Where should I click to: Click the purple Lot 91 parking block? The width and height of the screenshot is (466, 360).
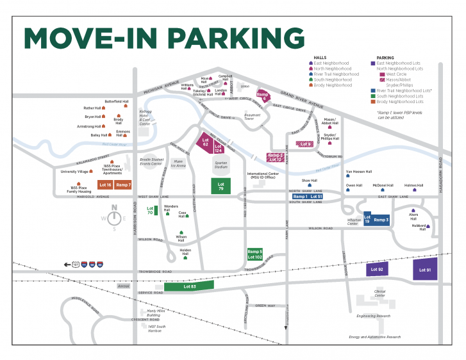[425, 270]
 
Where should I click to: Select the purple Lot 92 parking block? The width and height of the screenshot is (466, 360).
[377, 270]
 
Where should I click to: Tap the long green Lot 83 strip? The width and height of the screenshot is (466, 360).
[189, 286]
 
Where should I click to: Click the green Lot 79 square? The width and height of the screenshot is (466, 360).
[221, 186]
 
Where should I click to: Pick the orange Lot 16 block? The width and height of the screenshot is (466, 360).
[105, 184]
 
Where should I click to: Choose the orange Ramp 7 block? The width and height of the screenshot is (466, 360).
[124, 184]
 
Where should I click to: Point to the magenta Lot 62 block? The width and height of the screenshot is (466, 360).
[205, 142]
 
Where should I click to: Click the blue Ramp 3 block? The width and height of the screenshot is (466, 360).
[381, 220]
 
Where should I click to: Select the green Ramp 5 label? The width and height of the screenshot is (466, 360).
[255, 252]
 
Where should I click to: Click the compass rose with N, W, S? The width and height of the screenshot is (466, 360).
[114, 217]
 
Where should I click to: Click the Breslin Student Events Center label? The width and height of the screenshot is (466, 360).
[153, 161]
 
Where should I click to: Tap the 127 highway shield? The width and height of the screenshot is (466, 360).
[75, 264]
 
